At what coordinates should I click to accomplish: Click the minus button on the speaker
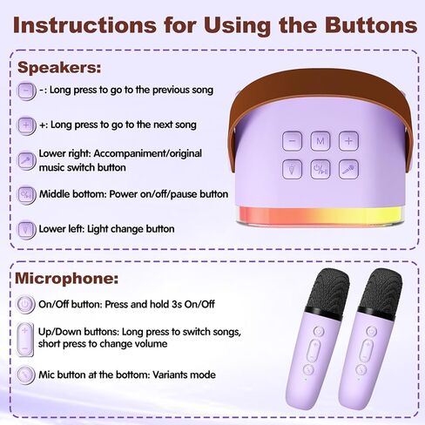[x=293, y=139]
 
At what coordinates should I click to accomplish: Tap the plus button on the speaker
[x=347, y=139]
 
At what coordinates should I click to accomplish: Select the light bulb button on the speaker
[x=293, y=169]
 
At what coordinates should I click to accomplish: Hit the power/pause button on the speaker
[x=320, y=169]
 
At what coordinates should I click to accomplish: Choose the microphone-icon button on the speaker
[x=347, y=169]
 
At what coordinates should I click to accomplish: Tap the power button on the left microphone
[x=319, y=331]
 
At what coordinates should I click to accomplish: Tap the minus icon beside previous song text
[x=27, y=90]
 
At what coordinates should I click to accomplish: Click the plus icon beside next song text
[x=27, y=125]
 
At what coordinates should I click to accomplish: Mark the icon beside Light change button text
[x=27, y=229]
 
